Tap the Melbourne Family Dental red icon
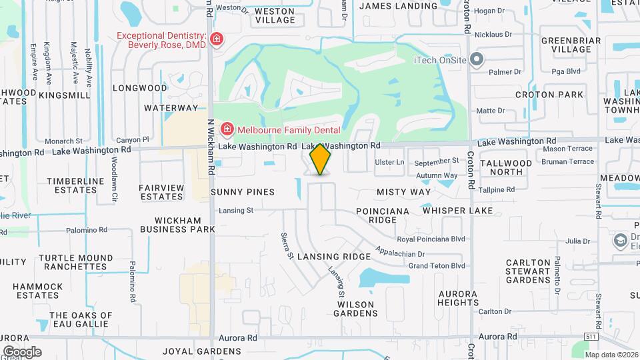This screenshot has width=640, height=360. tap(227, 129)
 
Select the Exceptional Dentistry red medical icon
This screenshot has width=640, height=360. tap(216, 40)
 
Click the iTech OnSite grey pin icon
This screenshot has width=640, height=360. tap(476, 60)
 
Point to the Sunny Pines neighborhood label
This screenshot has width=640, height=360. tap(243, 192)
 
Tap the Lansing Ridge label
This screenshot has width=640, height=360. tap(333, 257)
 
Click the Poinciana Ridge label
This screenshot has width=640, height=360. tap(377, 215)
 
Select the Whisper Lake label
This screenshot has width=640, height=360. tap(458, 211)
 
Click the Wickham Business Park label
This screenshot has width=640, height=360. tap(177, 225)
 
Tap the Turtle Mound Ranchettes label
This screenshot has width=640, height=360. tap(76, 262)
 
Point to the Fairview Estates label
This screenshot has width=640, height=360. tap(161, 192)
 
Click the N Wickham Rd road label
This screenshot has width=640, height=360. tap(210, 147)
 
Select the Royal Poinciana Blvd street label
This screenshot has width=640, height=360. tap(431, 239)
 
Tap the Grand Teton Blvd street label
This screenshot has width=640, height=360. tap(436, 266)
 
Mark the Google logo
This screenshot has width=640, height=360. tap(21, 352)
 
